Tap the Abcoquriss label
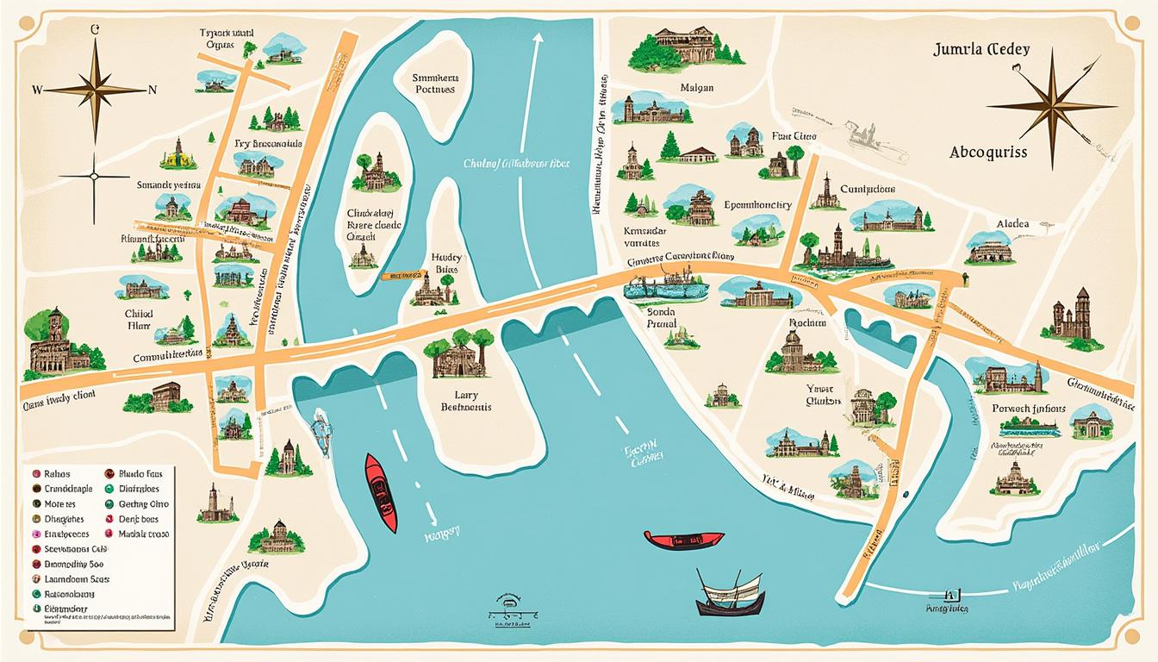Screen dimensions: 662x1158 coord(988,152)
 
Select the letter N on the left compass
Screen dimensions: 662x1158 coord(153,89)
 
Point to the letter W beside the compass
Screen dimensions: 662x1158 coord(36,89)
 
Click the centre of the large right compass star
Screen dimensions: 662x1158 coord(1051,106)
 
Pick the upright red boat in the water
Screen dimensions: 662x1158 coord(380,491)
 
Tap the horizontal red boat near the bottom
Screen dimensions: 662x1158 coord(683,540)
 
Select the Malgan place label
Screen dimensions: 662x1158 coord(696,88)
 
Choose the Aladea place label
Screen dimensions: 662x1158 coord(1012,223)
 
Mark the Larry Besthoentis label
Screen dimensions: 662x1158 coord(465,400)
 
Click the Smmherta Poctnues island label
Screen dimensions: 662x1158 coord(437,83)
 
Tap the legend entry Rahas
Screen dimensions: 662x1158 coord(56,473)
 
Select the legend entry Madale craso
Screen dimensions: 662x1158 coord(142,534)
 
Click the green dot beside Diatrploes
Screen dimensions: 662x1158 coord(109,489)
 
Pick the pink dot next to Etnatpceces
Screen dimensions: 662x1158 coord(36,534)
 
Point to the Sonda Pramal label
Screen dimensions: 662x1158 coord(662,317)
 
